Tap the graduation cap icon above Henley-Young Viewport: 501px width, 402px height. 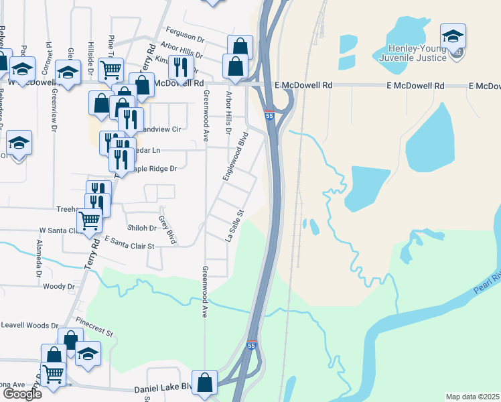pyautogui.click(x=453, y=36)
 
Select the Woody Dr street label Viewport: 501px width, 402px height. pyautogui.click(x=59, y=286)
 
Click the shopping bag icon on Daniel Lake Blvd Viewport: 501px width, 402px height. pyautogui.click(x=205, y=383)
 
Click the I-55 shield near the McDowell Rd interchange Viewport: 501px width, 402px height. pyautogui.click(x=269, y=116)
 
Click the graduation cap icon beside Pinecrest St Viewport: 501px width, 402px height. pyautogui.click(x=87, y=354)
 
